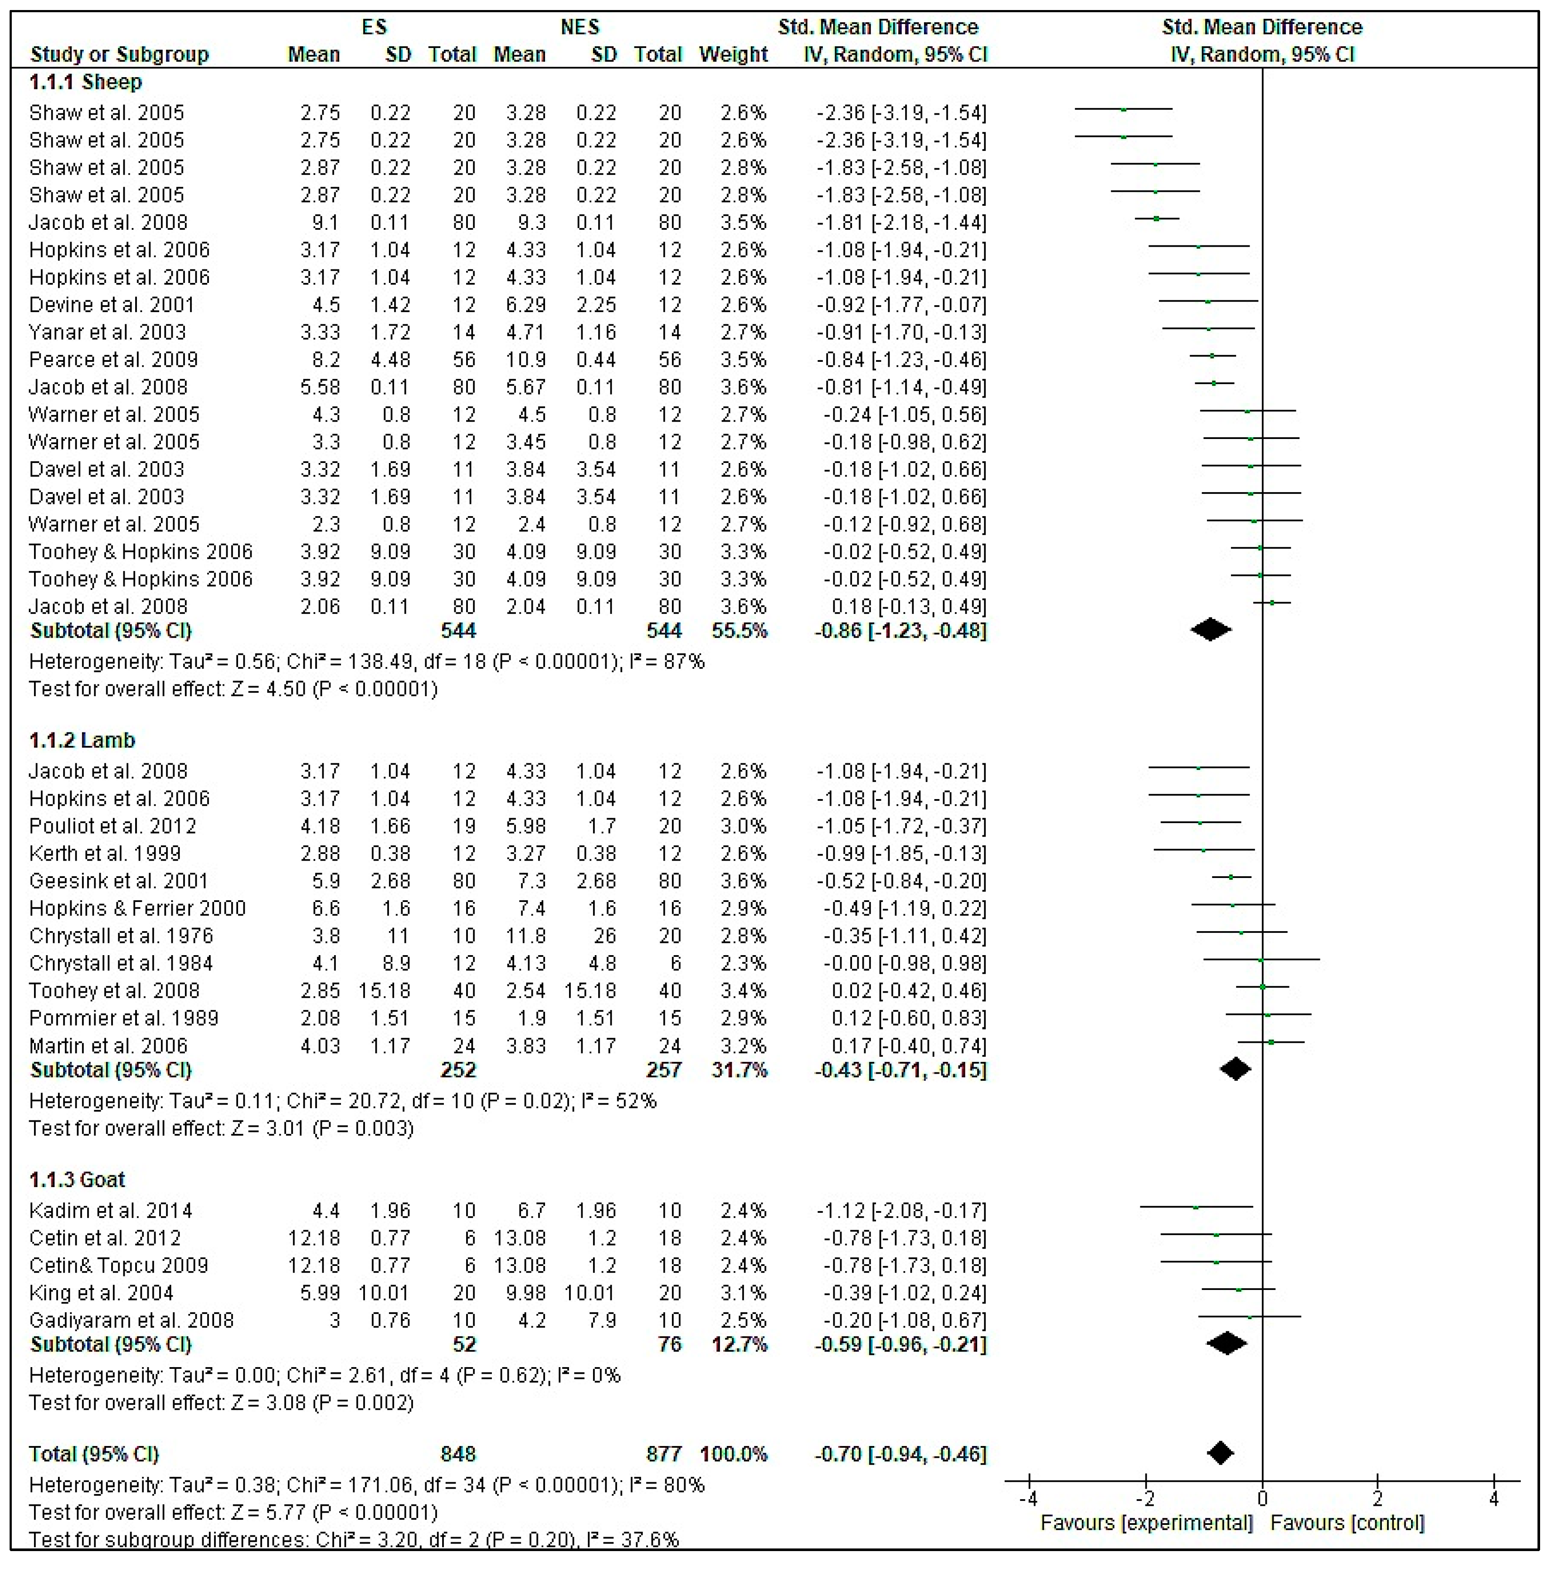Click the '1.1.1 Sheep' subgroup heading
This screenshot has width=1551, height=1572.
pos(85,82)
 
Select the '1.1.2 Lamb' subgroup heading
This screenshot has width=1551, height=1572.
pos(82,740)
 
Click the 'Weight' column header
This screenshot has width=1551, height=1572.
pos(733,54)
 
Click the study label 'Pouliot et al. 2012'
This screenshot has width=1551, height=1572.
pos(112,827)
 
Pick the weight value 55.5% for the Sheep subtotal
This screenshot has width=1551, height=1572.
pos(739,631)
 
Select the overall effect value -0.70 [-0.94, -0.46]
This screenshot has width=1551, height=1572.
pos(901,1454)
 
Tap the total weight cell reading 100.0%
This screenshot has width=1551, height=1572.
pos(733,1454)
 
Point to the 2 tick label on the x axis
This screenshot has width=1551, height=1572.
pos(1377,1499)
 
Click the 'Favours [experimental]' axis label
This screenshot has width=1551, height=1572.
pos(1146,1523)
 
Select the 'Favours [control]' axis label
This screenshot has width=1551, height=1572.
pos(1347,1523)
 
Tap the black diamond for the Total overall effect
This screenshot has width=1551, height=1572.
pos(1220,1453)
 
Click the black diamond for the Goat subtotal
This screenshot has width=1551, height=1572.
pos(1226,1344)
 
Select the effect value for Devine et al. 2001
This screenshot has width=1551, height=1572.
pos(901,305)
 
